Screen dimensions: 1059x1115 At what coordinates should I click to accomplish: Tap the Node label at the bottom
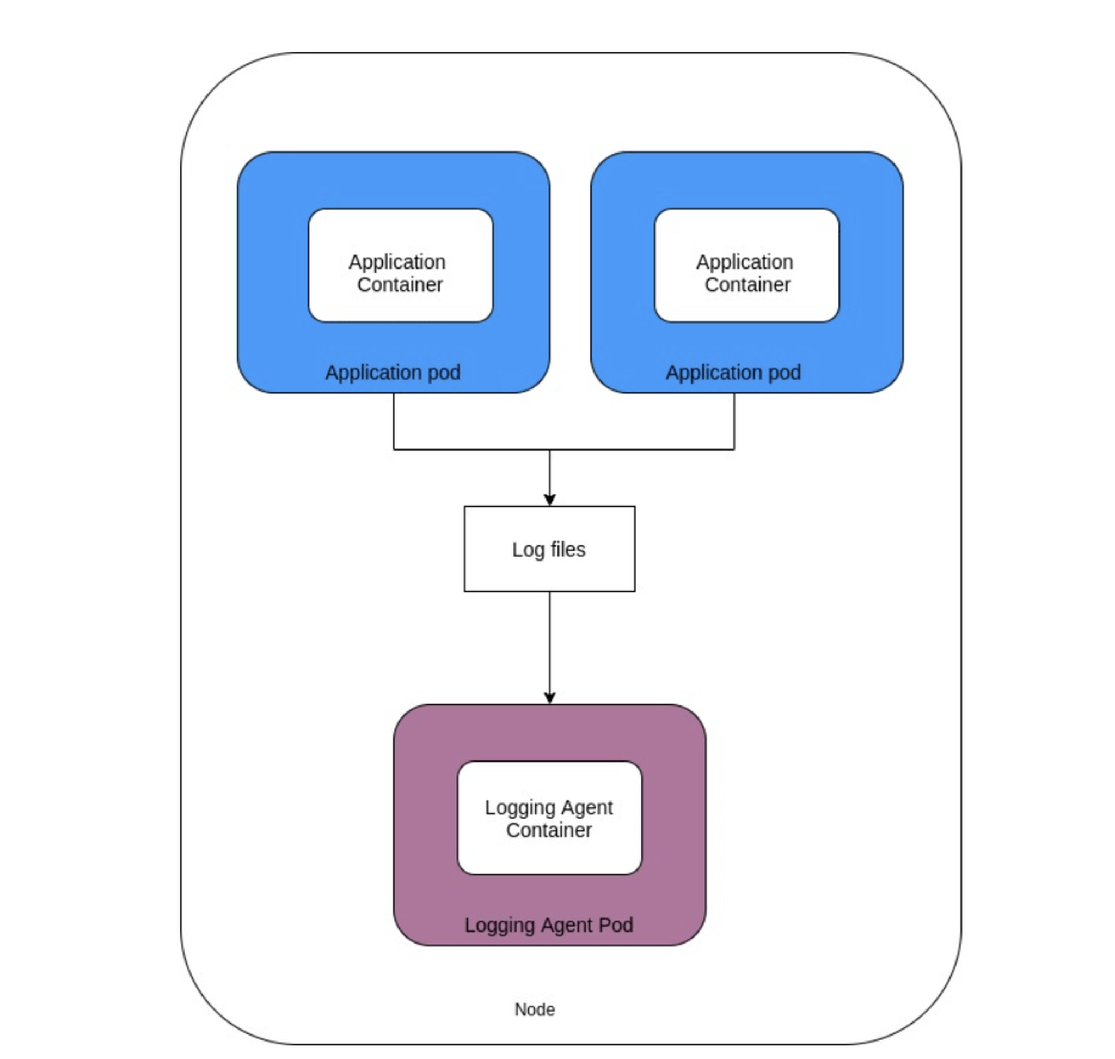tap(535, 1009)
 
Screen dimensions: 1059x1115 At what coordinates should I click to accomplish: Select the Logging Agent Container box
tap(549, 818)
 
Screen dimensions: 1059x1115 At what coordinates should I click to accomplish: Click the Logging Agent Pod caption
tap(548, 924)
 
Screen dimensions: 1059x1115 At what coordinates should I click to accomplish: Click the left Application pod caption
tap(393, 373)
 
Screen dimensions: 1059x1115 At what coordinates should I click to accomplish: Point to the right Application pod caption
tap(733, 373)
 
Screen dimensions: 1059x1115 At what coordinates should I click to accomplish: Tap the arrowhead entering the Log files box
tap(549, 500)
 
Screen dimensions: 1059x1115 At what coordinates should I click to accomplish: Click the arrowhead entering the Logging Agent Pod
tap(549, 698)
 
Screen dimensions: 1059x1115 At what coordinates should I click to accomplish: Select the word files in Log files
tap(568, 549)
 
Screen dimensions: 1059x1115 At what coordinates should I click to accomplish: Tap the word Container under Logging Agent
tap(548, 830)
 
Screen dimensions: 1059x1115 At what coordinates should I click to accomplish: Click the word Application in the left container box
tap(397, 262)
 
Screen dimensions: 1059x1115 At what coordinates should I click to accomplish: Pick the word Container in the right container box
tap(747, 284)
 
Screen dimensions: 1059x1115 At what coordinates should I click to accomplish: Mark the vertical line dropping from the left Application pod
tap(393, 421)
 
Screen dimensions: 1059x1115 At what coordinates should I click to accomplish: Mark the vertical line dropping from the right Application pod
tap(734, 421)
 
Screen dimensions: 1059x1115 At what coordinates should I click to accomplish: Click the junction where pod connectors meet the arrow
tap(549, 449)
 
